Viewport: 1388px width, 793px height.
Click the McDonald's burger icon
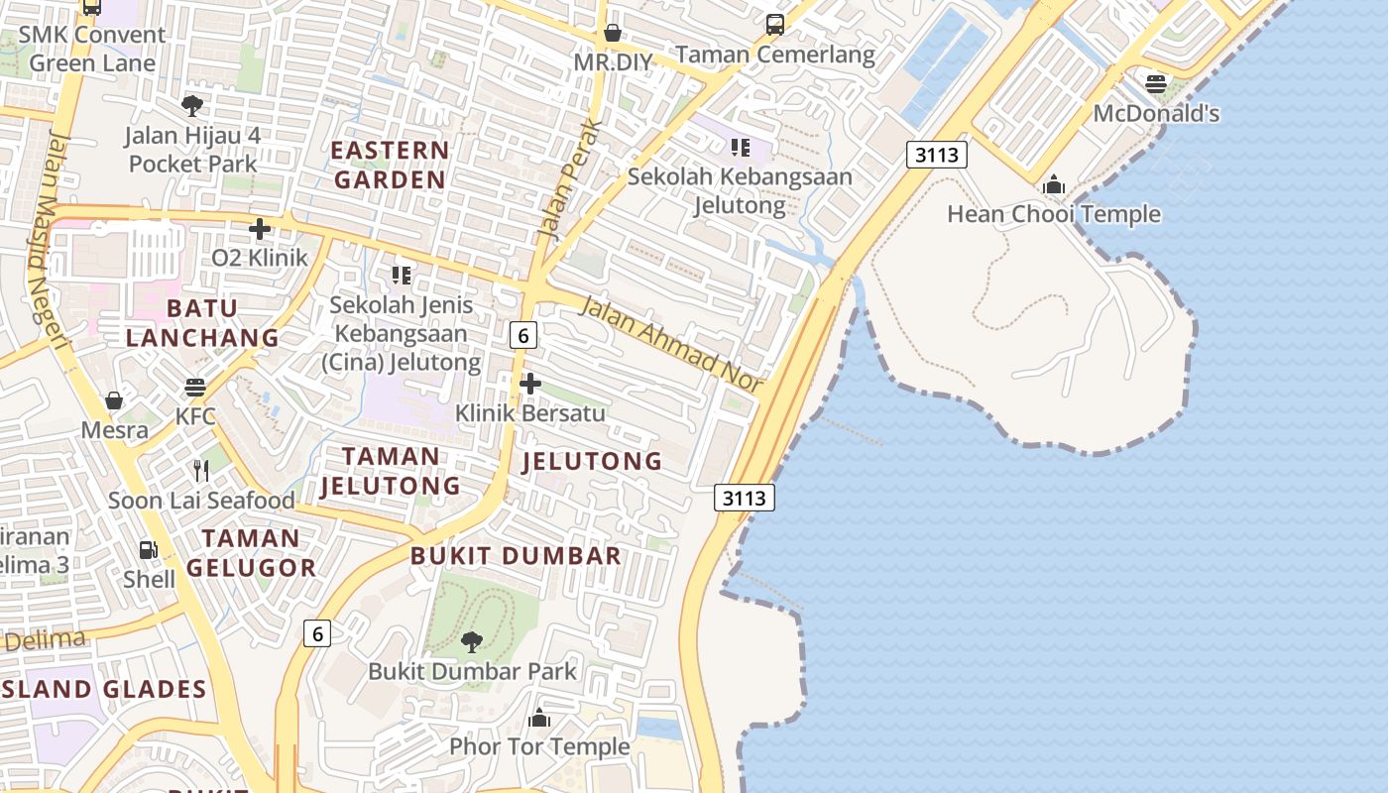(1156, 84)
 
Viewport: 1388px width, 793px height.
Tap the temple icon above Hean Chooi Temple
(1053, 184)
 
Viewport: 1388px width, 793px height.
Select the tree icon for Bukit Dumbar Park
(472, 641)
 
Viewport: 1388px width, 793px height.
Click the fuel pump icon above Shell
(148, 549)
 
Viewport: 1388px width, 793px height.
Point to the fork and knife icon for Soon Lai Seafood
(201, 470)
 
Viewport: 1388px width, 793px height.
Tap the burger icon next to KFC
(195, 387)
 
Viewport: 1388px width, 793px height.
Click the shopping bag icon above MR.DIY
(613, 33)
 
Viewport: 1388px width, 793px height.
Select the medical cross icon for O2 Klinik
(260, 229)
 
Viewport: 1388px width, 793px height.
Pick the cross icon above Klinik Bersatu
(530, 383)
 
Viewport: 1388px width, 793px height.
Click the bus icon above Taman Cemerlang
(775, 25)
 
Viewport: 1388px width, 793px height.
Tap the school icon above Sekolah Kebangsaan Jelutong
(740, 148)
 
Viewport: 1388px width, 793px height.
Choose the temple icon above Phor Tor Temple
(539, 717)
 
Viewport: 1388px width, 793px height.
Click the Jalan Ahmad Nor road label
(671, 343)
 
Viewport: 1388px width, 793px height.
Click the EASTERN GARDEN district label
(390, 165)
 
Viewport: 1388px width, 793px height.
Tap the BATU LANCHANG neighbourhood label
(202, 322)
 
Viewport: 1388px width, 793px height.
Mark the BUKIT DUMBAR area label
(516, 555)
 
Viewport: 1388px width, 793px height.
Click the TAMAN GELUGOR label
(252, 553)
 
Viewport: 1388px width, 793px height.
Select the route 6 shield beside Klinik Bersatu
(522, 335)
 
